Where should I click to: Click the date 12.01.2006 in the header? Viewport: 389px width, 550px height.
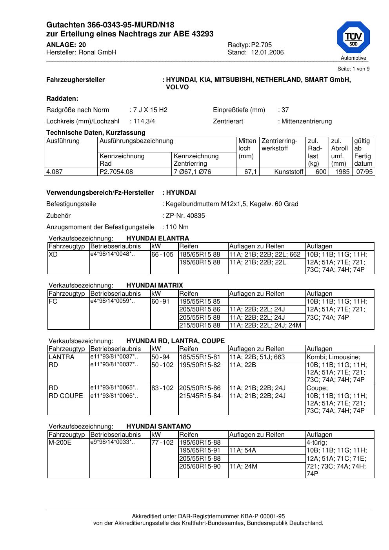pos(267,52)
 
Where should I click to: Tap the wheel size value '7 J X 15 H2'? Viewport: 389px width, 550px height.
pos(150,110)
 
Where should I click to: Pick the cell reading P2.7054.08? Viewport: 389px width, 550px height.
pos(116,172)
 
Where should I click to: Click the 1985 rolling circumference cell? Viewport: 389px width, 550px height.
pos(342,172)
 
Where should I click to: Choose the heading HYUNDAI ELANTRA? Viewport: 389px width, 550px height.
pos(158,238)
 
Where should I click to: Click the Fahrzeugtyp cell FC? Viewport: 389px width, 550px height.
pos(53,301)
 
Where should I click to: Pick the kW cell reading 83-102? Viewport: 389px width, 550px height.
pos(162,388)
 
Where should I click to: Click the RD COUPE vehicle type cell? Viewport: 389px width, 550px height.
pos(65,396)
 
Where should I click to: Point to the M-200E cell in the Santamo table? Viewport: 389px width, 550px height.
pos(60,443)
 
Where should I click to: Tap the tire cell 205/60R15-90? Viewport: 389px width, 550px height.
pos(200,466)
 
